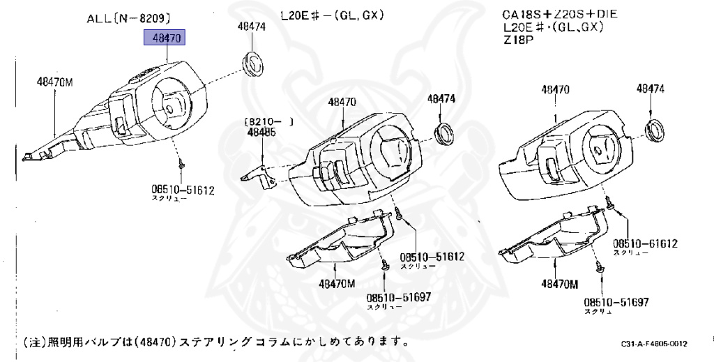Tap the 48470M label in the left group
click(55, 82)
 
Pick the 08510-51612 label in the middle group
click(432, 257)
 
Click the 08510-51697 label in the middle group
click(399, 296)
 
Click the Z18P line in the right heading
click(517, 40)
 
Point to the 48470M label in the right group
click(560, 284)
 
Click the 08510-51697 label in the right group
click(616, 302)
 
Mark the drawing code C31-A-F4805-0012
click(654, 344)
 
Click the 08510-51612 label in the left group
click(183, 189)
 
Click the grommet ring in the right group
click(656, 130)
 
